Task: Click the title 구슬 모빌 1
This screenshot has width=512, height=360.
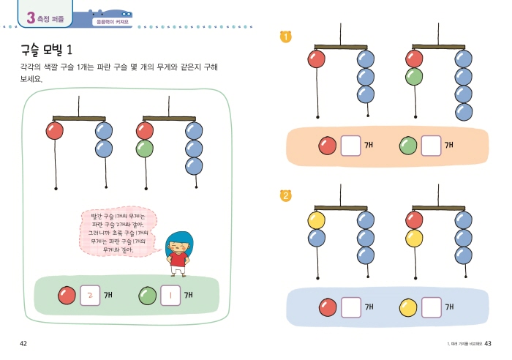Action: coord(48,50)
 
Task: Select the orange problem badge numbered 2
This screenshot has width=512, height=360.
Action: coord(285,195)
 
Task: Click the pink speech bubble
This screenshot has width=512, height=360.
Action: coord(118,232)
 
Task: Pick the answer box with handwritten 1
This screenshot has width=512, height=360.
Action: coord(170,296)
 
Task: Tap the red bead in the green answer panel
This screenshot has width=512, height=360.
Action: coord(67,296)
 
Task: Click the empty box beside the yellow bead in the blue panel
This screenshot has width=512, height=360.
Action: coord(432,306)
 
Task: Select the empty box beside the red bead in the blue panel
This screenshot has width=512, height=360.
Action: coord(352,306)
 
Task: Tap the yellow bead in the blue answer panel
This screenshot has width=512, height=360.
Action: coord(408,306)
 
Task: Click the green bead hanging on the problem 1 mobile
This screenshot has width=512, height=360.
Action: coord(414,76)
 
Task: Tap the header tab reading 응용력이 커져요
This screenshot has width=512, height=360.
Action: coord(112,22)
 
